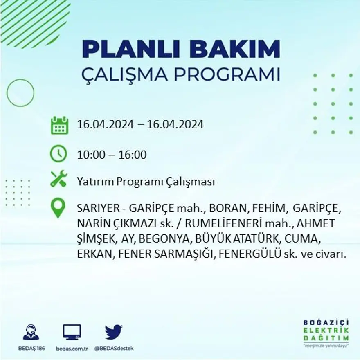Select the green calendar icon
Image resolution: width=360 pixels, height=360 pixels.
click(60, 125)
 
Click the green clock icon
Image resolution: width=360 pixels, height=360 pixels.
click(59, 154)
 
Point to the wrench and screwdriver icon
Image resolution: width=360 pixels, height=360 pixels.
click(59, 180)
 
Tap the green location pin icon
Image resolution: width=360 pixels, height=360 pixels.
click(58, 208)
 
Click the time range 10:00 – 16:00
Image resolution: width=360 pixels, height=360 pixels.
click(112, 155)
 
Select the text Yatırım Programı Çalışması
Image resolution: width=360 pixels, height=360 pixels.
click(146, 182)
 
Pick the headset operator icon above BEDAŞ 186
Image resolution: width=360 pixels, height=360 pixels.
click(31, 332)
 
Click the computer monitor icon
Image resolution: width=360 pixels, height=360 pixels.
click(72, 332)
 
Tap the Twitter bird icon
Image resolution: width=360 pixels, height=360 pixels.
click(113, 332)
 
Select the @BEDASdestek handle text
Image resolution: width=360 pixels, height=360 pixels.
click(114, 348)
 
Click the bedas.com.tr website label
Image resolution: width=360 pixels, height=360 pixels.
click(72, 348)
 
